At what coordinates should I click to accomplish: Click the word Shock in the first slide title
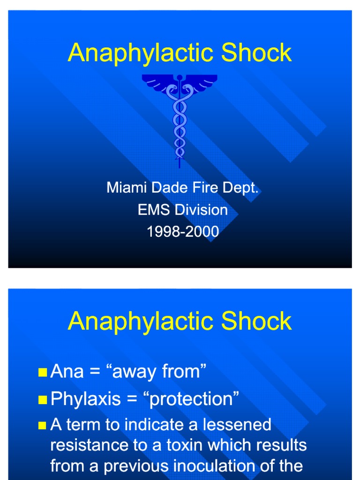click(x=256, y=52)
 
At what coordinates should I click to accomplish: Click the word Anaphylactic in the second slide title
click(x=141, y=322)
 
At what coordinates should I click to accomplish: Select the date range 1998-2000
click(x=183, y=232)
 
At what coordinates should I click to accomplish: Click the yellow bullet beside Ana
click(x=43, y=373)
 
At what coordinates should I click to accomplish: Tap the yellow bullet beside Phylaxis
click(x=43, y=400)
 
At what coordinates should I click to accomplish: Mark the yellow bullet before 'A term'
click(x=43, y=426)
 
